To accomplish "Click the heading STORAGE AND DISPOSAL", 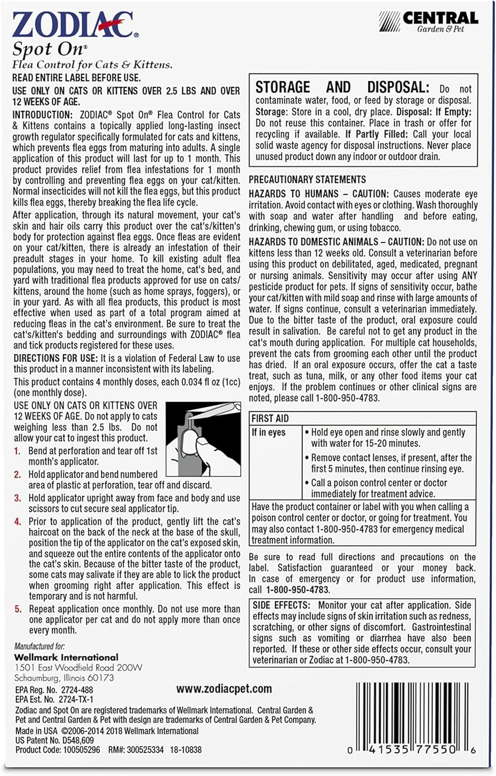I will pyautogui.click(x=342, y=87).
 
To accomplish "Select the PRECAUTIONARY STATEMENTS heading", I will pyautogui.click(x=307, y=180).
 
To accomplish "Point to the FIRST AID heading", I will pyautogui.click(x=270, y=419).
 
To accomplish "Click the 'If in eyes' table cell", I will pyautogui.click(x=269, y=432).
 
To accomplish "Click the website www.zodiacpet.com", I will pyautogui.click(x=224, y=689).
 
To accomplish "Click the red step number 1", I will pyautogui.click(x=17, y=451).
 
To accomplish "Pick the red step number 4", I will pyautogui.click(x=18, y=521).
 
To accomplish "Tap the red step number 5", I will pyautogui.click(x=18, y=609).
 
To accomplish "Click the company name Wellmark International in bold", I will pyautogui.click(x=66, y=657).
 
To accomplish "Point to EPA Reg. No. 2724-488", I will pyautogui.click(x=54, y=690).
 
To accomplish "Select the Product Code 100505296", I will pyautogui.click(x=58, y=750).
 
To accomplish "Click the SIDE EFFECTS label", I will pyautogui.click(x=281, y=605).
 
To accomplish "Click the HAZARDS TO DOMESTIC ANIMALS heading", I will pyautogui.click(x=313, y=242).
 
